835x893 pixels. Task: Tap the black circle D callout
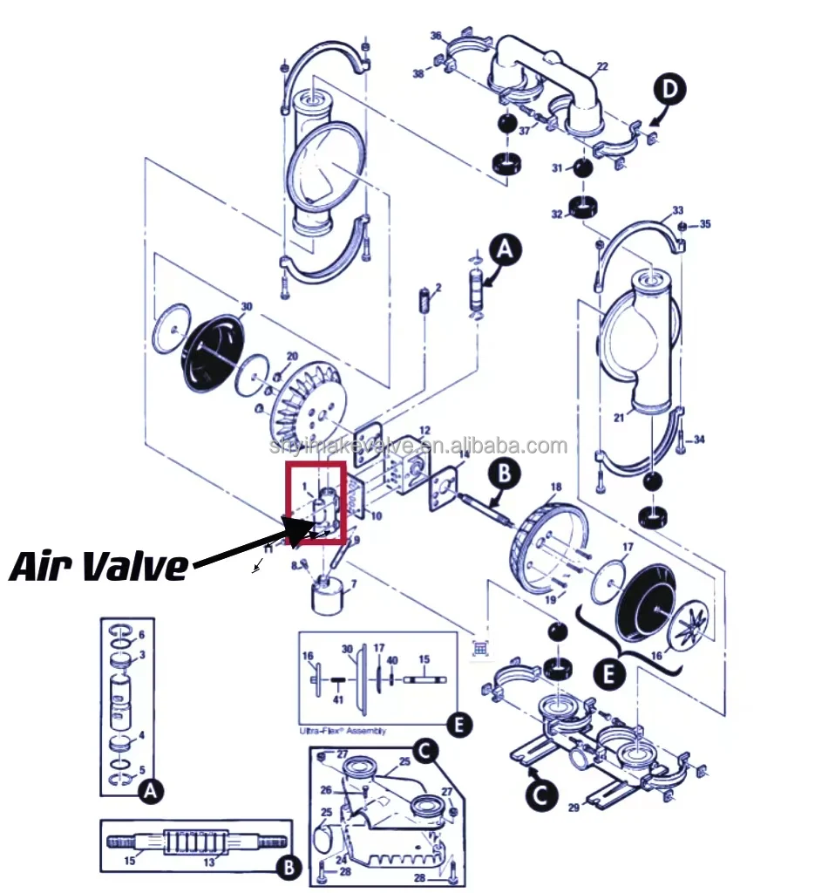(x=672, y=91)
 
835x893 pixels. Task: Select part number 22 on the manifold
(x=601, y=67)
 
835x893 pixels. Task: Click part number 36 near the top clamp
(x=436, y=36)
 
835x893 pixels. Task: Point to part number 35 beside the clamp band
(x=704, y=224)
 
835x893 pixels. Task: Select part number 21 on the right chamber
(x=618, y=419)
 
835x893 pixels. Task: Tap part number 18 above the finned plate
(x=556, y=486)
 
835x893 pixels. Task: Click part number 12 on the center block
(x=424, y=431)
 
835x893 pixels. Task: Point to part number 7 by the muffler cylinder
(x=353, y=582)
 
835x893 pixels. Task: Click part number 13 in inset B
(x=208, y=862)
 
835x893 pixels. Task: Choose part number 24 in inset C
(x=342, y=860)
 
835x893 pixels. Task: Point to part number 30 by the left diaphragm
(x=247, y=306)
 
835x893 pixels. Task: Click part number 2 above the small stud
(x=438, y=288)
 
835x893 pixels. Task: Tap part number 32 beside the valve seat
(x=556, y=214)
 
